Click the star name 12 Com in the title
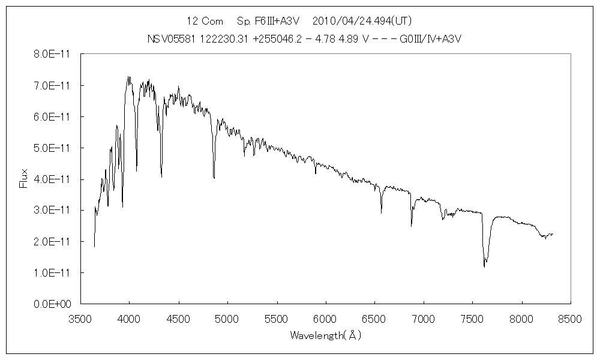(205, 22)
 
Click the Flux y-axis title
(23, 178)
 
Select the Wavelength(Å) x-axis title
(326, 335)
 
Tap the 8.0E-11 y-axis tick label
(53, 54)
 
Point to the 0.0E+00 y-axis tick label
(53, 304)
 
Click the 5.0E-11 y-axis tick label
(53, 148)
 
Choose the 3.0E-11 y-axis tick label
(53, 210)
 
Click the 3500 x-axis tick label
(81, 319)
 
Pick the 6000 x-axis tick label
(325, 319)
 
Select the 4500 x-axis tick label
(179, 319)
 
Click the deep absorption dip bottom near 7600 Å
(484, 266)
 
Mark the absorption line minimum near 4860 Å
(214, 178)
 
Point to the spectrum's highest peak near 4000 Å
(128, 77)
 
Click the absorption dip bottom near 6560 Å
(381, 212)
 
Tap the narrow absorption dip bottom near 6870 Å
(411, 226)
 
